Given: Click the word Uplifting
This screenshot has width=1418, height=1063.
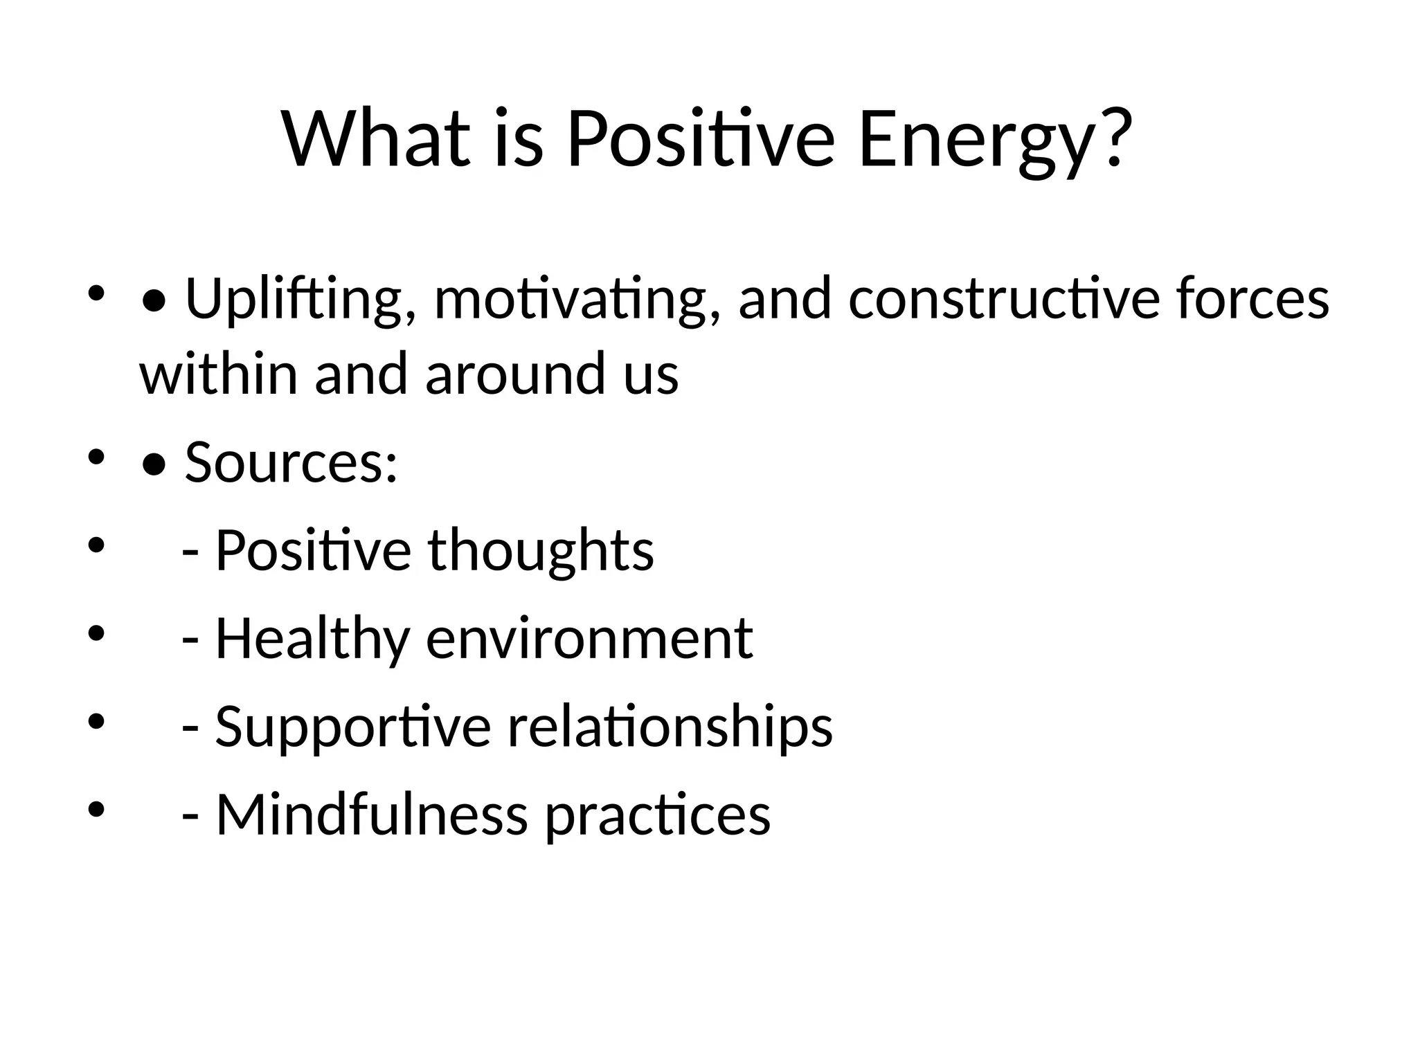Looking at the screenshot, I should point(294,299).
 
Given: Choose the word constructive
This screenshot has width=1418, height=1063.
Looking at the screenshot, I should point(1003,299).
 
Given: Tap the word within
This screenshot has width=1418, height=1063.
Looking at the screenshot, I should point(219,374).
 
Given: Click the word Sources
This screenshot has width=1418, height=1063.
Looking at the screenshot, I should point(291,462).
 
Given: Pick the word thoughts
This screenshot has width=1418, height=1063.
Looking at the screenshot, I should point(541,550).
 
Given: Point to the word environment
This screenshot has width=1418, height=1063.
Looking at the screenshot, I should point(589,638).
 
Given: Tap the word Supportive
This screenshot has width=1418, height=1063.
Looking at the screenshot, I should point(353,727).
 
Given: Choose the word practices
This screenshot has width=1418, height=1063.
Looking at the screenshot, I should point(658,815).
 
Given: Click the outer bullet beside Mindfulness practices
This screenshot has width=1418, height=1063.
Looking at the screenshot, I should point(96,808).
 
